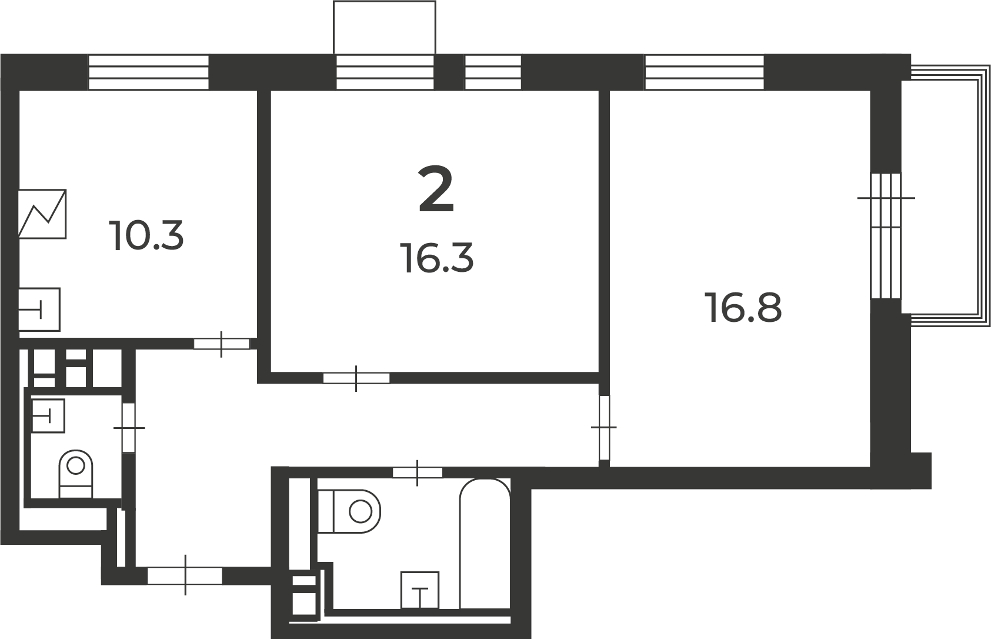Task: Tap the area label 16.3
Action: coord(438,258)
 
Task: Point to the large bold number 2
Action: coord(436,189)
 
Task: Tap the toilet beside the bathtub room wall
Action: coord(349,511)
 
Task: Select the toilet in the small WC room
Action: coord(76,474)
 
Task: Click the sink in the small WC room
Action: coord(48,415)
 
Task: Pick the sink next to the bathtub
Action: coord(420,590)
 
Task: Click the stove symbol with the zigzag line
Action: coord(42,214)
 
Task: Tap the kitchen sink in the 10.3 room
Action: coord(39,309)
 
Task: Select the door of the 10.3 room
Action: coord(222,344)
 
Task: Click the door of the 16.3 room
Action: coord(356,378)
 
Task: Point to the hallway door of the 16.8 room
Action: coord(605,428)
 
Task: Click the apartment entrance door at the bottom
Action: coord(185,575)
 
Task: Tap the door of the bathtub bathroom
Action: coord(417,472)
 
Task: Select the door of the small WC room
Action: coord(129,428)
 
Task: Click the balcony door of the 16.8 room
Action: coord(886,235)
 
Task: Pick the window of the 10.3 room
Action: coord(149,72)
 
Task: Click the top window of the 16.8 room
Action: coord(705,72)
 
